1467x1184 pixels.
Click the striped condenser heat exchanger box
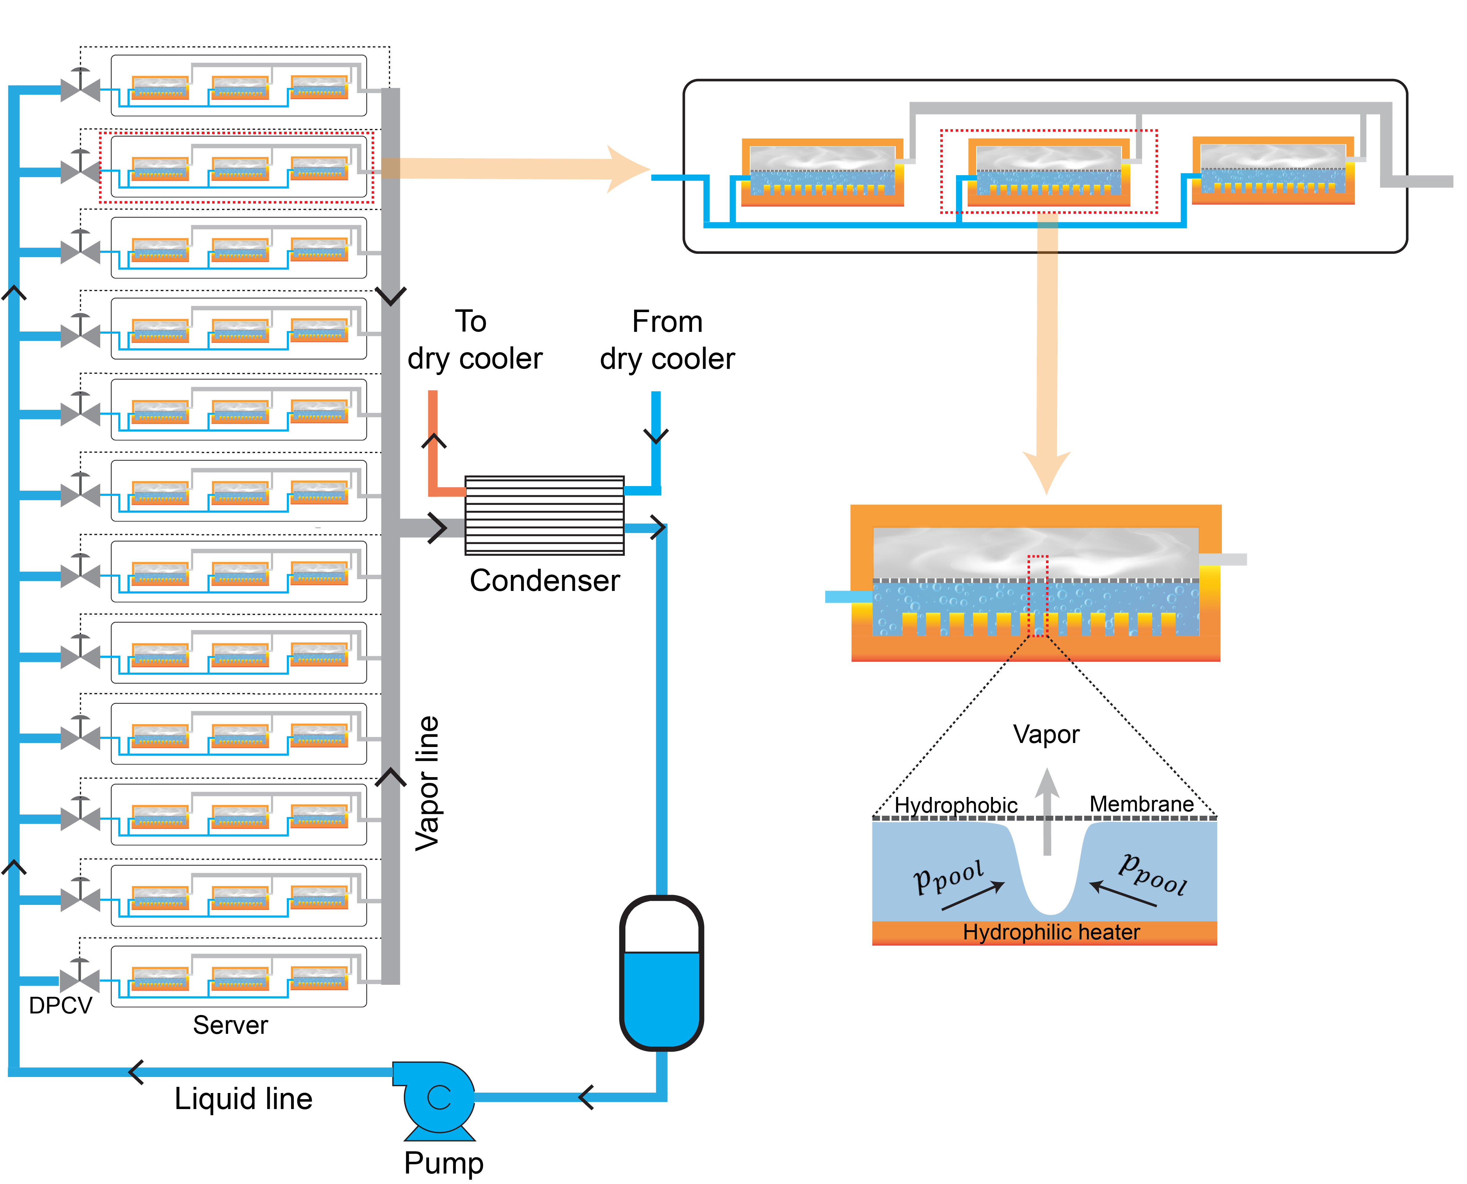pos(544,515)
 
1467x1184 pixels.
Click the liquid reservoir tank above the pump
pos(661,973)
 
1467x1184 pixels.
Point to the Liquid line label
pos(244,1099)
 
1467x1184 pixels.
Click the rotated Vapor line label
pos(428,783)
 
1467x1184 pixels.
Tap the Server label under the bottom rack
pos(230,1025)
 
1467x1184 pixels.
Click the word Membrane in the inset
pos(1141,804)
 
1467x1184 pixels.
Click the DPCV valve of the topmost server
pos(80,89)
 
